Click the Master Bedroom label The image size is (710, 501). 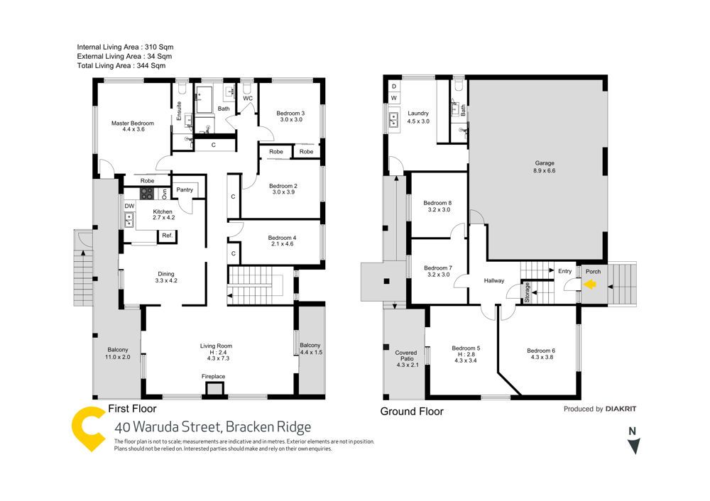point(133,123)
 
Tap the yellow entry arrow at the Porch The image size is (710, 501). point(589,285)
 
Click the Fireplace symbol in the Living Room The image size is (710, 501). point(214,387)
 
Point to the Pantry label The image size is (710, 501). point(185,189)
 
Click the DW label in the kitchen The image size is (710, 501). point(129,207)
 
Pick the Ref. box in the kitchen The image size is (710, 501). point(168,236)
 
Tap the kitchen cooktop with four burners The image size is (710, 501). point(147,192)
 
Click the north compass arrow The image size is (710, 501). point(634,446)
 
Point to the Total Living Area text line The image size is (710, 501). point(121,65)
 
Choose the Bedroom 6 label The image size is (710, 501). point(541,351)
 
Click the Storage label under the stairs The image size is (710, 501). point(528,293)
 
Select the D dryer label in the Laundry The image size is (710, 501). point(394,86)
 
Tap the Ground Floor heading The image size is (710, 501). point(412,412)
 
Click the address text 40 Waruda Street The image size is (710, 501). point(213,427)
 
